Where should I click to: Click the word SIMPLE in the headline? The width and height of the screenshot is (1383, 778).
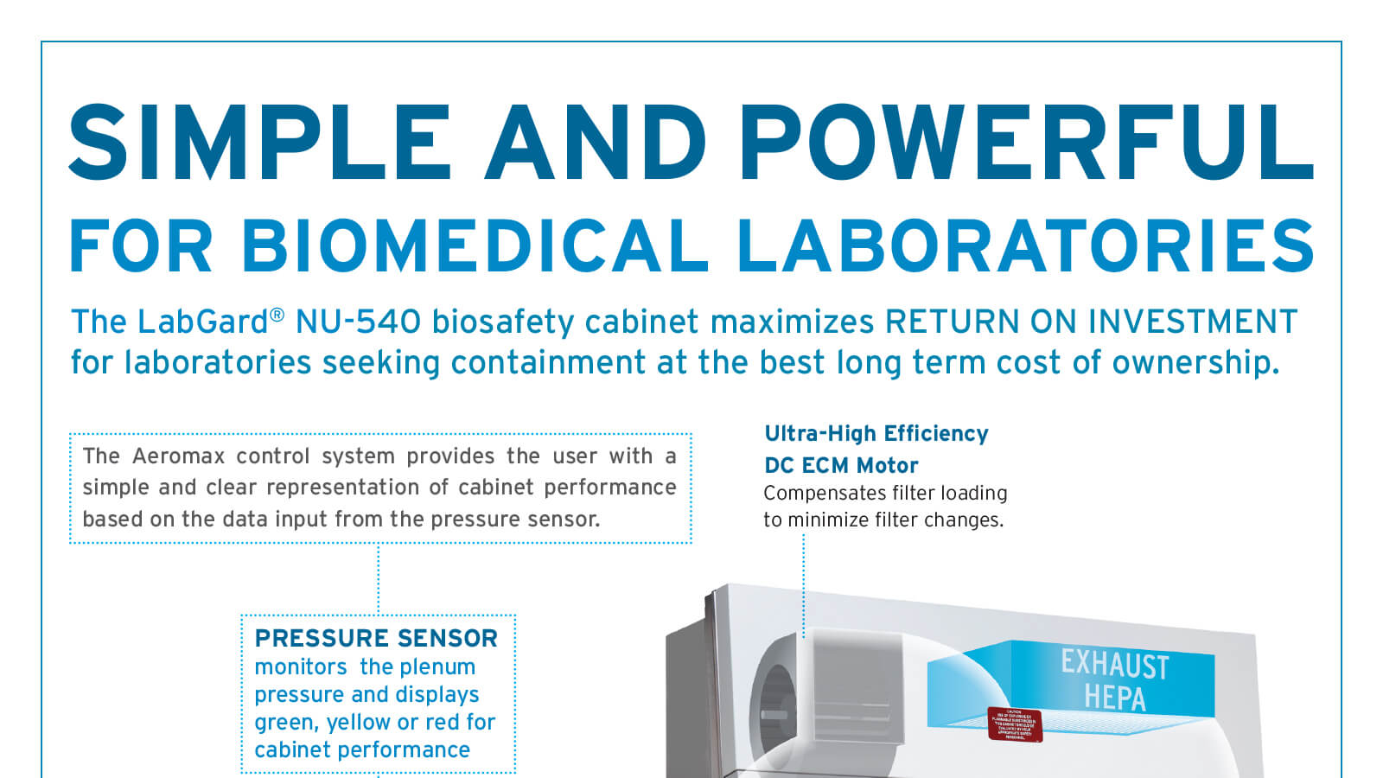[259, 143]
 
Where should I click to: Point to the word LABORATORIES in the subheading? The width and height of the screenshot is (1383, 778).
[1025, 246]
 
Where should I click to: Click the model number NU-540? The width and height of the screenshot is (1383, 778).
[358, 322]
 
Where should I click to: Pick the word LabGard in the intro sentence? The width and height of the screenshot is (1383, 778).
[203, 322]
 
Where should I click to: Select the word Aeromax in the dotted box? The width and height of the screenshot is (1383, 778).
[178, 456]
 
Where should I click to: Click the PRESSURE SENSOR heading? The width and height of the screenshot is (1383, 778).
[376, 638]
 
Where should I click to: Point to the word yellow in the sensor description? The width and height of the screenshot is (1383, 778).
[358, 722]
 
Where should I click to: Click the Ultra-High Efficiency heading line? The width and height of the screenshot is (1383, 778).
[876, 433]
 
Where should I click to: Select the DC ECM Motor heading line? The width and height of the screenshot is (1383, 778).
[841, 465]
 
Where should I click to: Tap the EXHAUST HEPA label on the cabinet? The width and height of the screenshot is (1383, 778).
[1114, 680]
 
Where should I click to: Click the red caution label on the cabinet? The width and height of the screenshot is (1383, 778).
[1015, 724]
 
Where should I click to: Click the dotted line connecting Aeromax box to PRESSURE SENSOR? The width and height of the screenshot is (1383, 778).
[379, 579]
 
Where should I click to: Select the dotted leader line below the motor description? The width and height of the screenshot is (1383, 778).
[804, 583]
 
